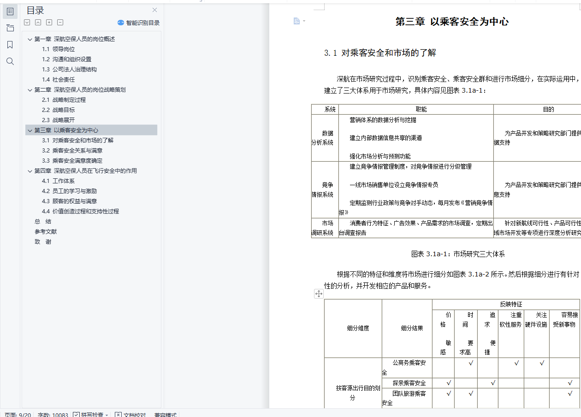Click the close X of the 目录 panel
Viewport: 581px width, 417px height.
pyautogui.click(x=155, y=10)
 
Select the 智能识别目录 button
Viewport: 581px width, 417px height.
pyautogui.click(x=138, y=23)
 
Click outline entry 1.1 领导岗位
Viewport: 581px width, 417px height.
pyautogui.click(x=59, y=49)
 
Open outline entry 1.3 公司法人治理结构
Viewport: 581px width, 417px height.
pyautogui.click(x=69, y=70)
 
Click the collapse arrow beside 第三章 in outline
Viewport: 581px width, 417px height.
pyautogui.click(x=30, y=130)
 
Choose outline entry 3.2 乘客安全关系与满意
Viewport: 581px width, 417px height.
pyautogui.click(x=72, y=151)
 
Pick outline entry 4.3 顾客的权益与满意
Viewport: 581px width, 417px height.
pyautogui.click(x=69, y=201)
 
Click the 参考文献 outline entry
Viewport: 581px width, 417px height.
pyautogui.click(x=46, y=232)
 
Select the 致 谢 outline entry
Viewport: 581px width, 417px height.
pyautogui.click(x=43, y=242)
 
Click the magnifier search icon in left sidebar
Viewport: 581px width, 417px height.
pyautogui.click(x=10, y=61)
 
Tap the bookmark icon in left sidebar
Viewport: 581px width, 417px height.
pyautogui.click(x=10, y=45)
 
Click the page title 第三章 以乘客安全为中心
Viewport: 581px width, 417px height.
pyautogui.click(x=452, y=22)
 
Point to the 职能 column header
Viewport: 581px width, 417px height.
pyautogui.click(x=421, y=110)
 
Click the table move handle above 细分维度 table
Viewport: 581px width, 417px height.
pyautogui.click(x=319, y=294)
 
